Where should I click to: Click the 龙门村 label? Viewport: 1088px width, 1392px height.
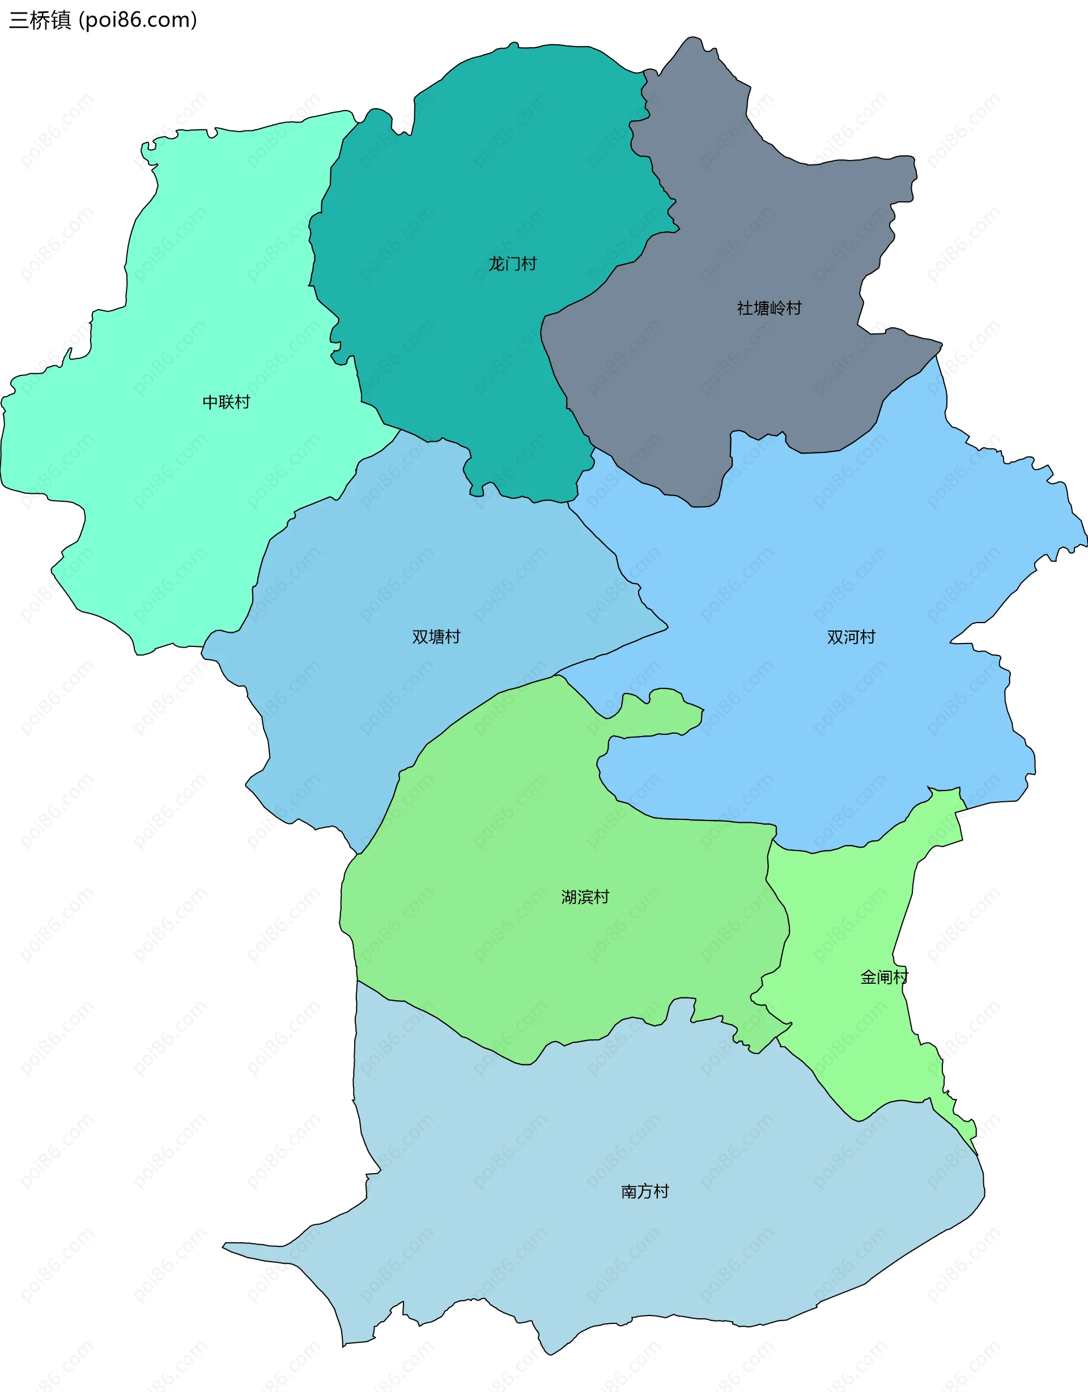coord(512,263)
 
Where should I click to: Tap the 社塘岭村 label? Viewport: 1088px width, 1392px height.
coord(769,308)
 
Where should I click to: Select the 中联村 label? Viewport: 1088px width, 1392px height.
coord(226,401)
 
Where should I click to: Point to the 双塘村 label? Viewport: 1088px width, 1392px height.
coord(436,637)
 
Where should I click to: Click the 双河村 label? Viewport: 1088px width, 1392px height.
coord(851,637)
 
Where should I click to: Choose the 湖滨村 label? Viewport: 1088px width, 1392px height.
coord(585,897)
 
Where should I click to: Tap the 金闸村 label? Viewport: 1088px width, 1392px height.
coord(883,977)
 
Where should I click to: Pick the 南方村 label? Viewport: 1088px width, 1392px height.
coord(645,1191)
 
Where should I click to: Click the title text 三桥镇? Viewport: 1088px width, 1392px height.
coord(40,20)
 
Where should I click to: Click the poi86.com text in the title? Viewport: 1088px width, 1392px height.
coord(140,20)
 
